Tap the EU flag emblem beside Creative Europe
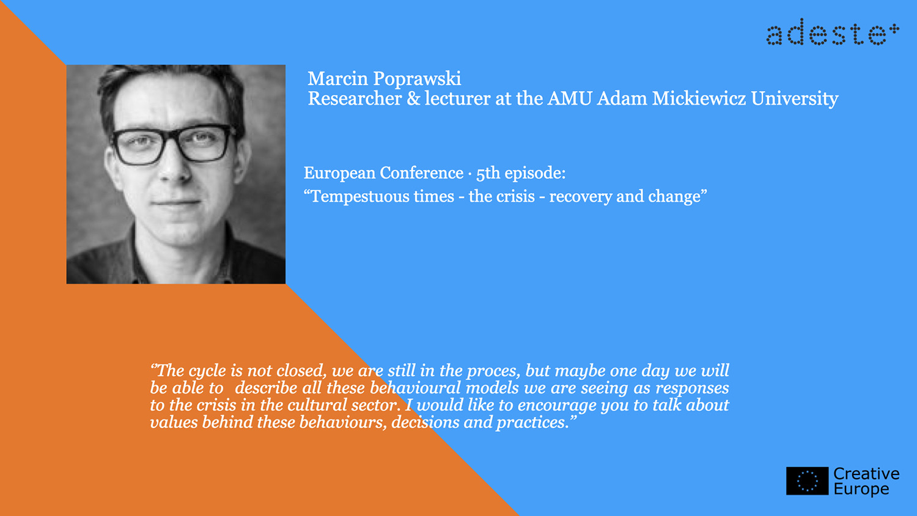pyautogui.click(x=808, y=481)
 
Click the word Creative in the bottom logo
pyautogui.click(x=867, y=473)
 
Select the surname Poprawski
pyautogui.click(x=417, y=79)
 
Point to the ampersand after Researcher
pyautogui.click(x=413, y=98)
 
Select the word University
pyautogui.click(x=795, y=99)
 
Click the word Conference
pyautogui.click(x=421, y=173)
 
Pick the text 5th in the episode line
pyautogui.click(x=488, y=173)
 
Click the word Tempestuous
pyautogui.click(x=382, y=197)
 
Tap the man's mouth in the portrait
pyautogui.click(x=176, y=202)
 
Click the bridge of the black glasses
pyautogui.click(x=172, y=136)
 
